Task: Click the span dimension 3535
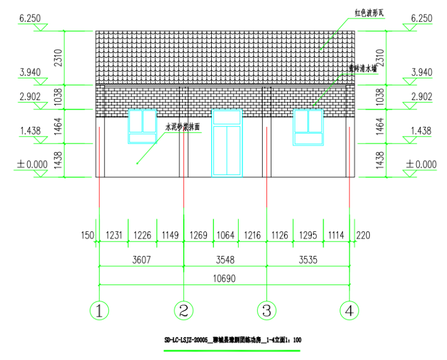308,259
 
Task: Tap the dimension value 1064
226,236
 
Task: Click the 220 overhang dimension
363,236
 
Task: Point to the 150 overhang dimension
88,236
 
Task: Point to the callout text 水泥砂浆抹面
182,127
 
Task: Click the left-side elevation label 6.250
30,18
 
